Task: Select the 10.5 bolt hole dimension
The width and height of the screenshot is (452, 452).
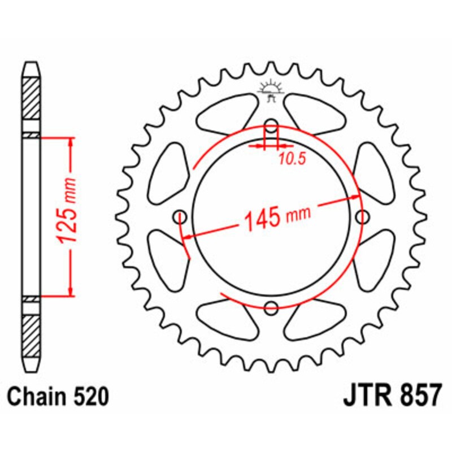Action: click(x=291, y=159)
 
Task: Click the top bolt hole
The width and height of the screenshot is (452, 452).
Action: click(x=272, y=125)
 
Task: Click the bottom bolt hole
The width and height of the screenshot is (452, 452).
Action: click(x=272, y=308)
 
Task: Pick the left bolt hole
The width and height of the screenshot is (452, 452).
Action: click(x=181, y=216)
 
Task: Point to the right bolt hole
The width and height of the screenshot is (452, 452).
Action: click(x=363, y=216)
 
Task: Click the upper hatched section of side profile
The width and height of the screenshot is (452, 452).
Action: click(x=31, y=97)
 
